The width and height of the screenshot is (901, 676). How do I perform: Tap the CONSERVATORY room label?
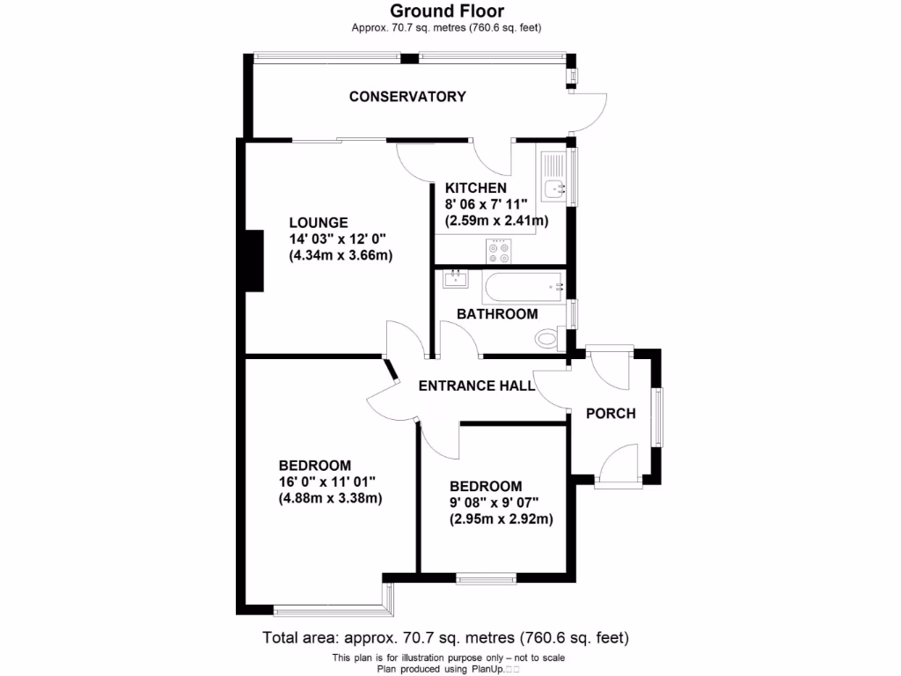407,97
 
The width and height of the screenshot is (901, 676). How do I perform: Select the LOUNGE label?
319,223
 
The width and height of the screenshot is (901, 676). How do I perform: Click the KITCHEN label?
476,188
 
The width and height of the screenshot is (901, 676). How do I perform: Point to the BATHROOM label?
496,314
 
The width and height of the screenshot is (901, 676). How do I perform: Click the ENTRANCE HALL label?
476,386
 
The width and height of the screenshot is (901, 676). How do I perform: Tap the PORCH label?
611,413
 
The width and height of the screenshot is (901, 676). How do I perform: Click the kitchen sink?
555,187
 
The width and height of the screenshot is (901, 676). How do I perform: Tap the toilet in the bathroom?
547,338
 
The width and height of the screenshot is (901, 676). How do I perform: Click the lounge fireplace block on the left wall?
254,261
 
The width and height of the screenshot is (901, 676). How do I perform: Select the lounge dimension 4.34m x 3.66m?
341,256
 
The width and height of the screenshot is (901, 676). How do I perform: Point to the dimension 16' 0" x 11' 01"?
327,481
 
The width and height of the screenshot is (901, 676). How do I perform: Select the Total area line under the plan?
446,637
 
